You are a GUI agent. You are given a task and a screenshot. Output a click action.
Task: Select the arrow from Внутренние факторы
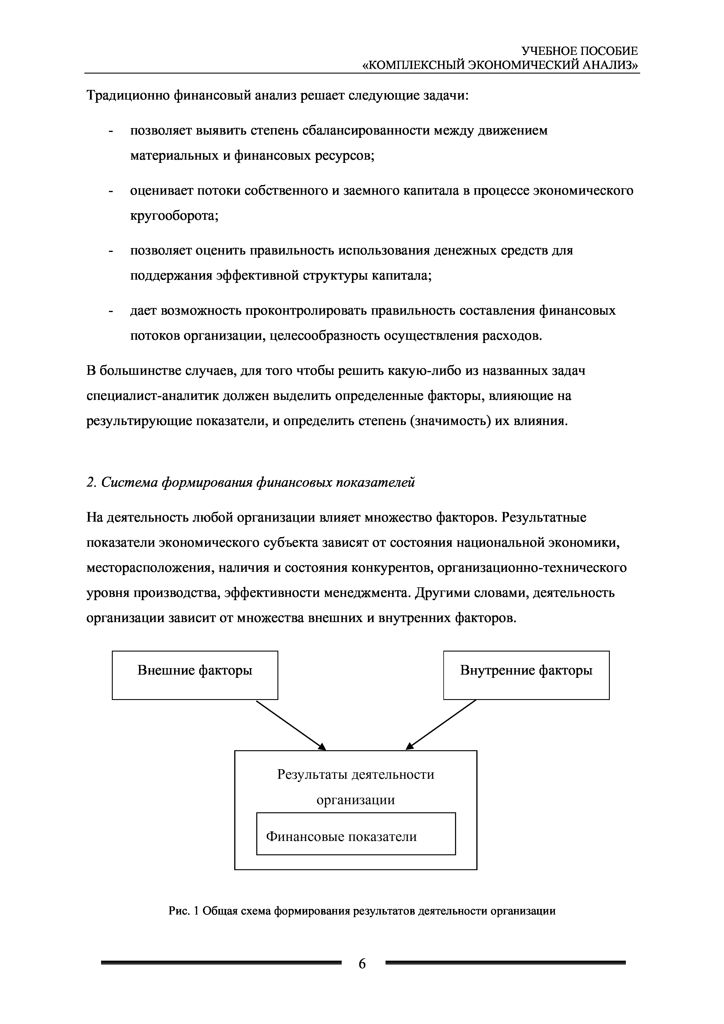[441, 725]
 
